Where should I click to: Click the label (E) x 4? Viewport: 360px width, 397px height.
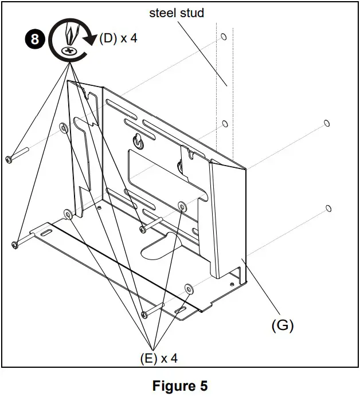[158, 359]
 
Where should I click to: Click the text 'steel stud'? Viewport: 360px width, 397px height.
[177, 13]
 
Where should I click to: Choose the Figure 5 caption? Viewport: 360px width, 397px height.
[180, 386]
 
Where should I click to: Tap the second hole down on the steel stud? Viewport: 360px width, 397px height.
[225, 123]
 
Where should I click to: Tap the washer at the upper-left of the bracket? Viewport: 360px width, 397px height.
[63, 127]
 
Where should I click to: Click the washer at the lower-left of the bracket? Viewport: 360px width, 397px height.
[68, 214]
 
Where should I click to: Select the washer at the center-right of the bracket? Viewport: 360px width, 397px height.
[182, 206]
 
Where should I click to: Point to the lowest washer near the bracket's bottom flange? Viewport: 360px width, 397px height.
[188, 288]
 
